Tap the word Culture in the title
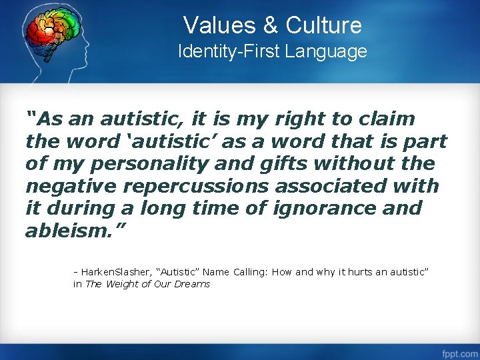click(x=323, y=25)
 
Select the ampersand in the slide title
click(x=271, y=25)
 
